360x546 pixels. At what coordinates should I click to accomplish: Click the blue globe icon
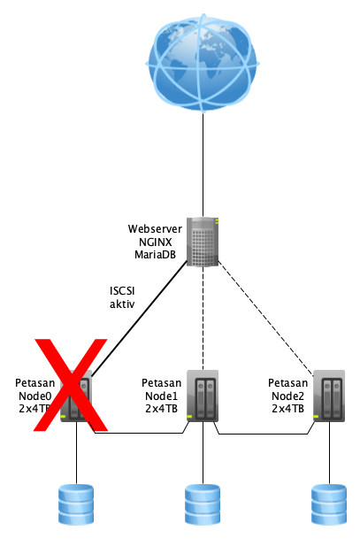point(203,63)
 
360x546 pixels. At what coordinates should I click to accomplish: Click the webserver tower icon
point(203,242)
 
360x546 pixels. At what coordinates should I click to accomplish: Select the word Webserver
point(155,229)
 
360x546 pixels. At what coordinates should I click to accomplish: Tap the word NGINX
point(156,242)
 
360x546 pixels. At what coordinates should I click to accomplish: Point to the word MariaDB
point(155,255)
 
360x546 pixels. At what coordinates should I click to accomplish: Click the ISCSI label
point(122,291)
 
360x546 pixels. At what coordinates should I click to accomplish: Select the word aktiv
point(122,304)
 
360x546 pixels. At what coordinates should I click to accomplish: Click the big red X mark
point(71,385)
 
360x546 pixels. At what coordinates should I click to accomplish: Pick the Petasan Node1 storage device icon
point(203,396)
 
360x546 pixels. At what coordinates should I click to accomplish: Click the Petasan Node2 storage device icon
point(329,396)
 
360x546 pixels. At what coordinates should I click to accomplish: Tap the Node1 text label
point(161,396)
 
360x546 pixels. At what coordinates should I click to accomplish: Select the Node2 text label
point(287,396)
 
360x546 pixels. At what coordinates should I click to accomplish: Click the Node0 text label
point(34,396)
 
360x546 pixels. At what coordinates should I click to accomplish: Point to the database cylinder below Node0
point(76,504)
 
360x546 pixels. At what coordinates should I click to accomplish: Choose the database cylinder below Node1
point(203,504)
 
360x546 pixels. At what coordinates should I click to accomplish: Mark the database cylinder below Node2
point(329,504)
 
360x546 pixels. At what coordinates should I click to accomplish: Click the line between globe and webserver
point(203,165)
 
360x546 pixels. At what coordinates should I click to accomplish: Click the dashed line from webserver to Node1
point(203,319)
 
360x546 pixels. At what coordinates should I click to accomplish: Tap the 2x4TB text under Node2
point(287,409)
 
